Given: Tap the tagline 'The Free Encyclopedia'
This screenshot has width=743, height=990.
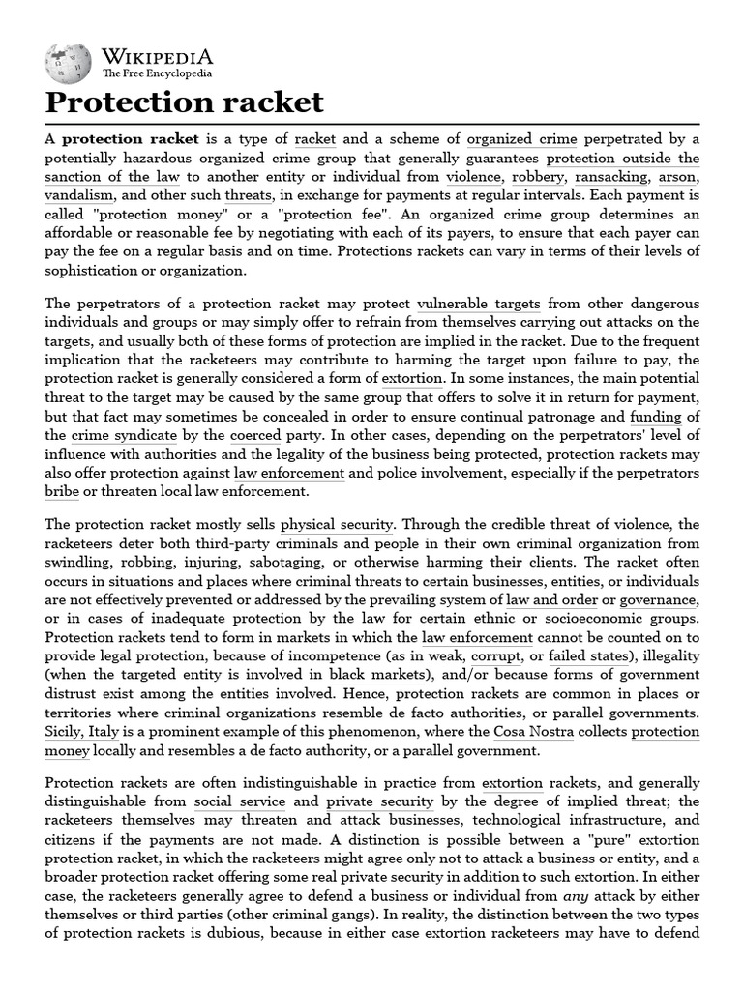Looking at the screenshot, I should [157, 73].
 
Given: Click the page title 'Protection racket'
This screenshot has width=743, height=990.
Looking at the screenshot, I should [184, 102].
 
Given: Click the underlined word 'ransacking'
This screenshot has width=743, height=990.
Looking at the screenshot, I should [609, 177].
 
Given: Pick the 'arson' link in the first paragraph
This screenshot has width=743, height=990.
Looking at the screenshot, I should [679, 177].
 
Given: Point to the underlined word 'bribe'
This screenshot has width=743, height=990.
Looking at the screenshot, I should [63, 492].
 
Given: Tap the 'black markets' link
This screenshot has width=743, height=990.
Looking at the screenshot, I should [369, 675].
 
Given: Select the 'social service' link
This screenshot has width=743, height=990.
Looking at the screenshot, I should [239, 801].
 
